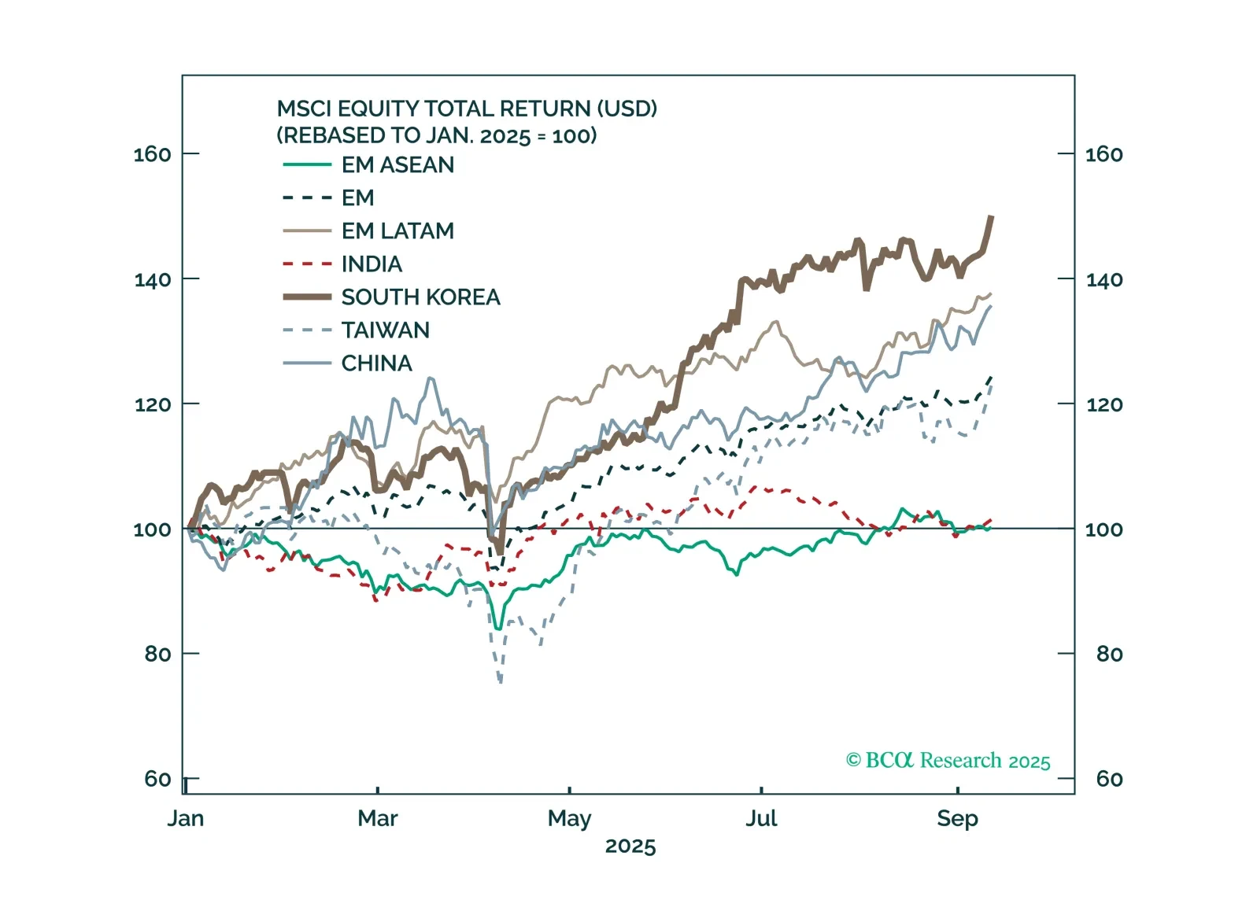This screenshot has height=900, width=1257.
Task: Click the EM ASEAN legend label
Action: (397, 165)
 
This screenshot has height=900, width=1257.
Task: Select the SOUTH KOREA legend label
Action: (420, 297)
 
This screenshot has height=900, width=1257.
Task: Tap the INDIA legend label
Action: (372, 264)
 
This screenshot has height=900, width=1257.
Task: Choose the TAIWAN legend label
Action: (385, 330)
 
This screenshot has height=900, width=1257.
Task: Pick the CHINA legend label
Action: (376, 363)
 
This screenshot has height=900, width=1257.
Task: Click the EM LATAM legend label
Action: (397, 231)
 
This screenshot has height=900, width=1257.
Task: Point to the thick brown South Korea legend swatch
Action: (307, 297)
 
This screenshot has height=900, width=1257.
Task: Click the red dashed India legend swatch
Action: (307, 264)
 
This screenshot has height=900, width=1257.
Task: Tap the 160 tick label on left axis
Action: (152, 154)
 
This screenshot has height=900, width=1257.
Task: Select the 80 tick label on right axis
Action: (1109, 654)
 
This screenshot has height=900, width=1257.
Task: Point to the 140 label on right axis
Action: (1104, 279)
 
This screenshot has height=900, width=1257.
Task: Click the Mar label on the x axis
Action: (377, 819)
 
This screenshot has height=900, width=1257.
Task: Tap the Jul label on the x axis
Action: (761, 819)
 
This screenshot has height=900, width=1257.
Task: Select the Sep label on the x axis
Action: (957, 819)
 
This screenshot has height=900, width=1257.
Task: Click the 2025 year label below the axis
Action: (630, 847)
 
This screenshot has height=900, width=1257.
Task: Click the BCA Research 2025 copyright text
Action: (948, 761)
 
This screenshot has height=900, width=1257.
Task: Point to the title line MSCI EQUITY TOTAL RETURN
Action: (467, 109)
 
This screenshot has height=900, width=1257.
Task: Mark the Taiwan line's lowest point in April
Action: (501, 681)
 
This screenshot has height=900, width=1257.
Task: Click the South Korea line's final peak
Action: (991, 217)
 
